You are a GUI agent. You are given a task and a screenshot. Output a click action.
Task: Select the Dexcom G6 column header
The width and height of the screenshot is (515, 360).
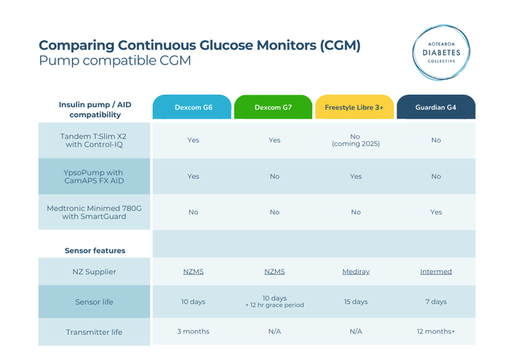pos(192,108)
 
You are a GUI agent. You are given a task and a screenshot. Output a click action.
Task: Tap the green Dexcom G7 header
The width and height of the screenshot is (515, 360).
pos(273,108)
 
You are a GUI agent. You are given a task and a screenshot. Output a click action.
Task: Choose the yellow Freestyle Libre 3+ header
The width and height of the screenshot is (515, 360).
pos(355,108)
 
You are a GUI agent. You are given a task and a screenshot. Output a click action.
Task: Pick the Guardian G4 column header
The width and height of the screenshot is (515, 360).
pos(435,108)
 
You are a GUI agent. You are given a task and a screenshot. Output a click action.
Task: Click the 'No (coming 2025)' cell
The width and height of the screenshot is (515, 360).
pos(355,140)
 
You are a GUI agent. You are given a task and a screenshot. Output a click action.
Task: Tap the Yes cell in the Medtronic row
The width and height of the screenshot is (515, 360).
pos(435,212)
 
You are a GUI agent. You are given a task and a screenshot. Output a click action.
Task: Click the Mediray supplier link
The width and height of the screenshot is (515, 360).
pos(355,271)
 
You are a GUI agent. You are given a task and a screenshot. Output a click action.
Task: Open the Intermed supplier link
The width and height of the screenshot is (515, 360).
pos(435,271)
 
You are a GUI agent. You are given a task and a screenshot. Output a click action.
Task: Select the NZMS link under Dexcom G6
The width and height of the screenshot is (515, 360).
pos(192,271)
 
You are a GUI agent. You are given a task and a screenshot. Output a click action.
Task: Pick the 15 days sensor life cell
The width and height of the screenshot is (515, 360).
pos(355,302)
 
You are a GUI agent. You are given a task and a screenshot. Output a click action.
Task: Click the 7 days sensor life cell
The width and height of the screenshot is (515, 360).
pos(435,302)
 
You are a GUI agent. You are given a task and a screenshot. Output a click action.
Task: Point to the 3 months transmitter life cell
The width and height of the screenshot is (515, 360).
pos(192,331)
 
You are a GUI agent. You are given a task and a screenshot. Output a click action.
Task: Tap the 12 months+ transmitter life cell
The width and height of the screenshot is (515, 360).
pos(435,331)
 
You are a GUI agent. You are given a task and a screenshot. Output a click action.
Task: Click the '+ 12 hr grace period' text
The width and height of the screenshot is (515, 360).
pos(273,305)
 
